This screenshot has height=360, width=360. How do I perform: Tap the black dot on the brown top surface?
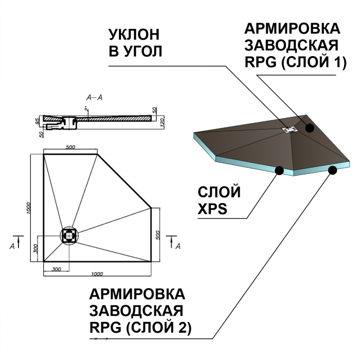click(x=310, y=128)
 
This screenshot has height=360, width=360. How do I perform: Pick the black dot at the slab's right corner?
click(x=333, y=170)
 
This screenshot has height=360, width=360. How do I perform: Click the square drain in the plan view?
click(x=69, y=236)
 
